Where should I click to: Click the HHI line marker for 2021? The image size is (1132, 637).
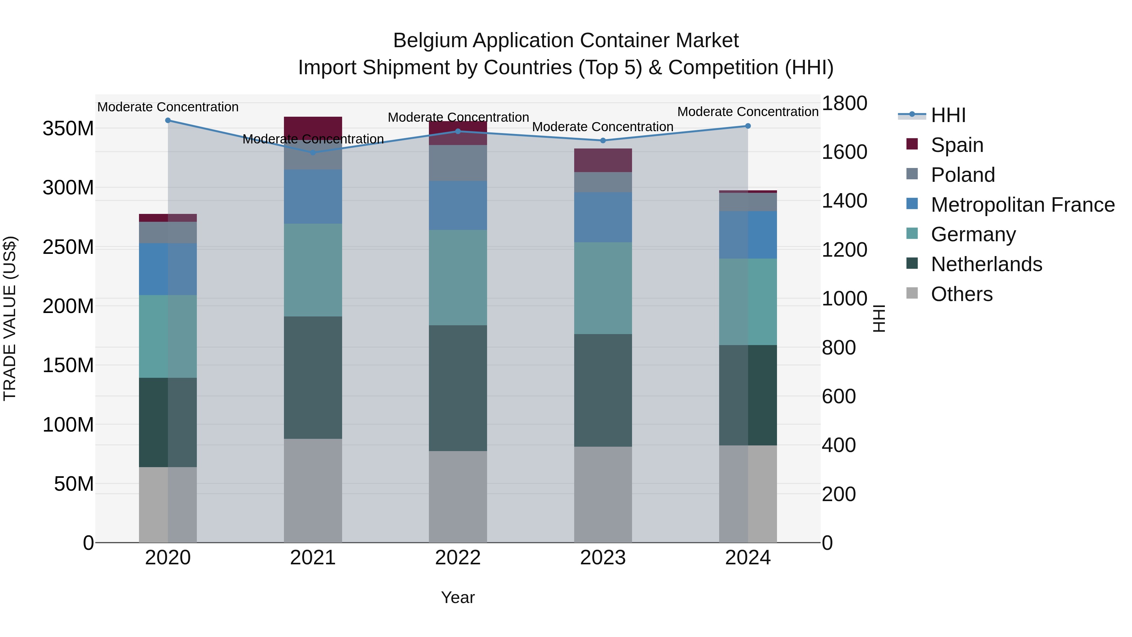(313, 153)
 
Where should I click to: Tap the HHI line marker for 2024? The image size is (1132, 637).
(748, 126)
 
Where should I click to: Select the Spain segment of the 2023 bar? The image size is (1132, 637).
(603, 160)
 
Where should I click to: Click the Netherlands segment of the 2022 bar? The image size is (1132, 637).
(458, 388)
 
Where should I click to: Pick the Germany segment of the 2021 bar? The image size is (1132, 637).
(313, 270)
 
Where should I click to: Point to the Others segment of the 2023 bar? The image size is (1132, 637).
(603, 495)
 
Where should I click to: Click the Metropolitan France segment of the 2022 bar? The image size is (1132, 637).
(458, 205)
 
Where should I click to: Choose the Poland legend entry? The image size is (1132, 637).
(963, 175)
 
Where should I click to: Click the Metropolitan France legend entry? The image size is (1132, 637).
(1022, 205)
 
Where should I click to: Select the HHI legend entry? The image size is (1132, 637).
(948, 115)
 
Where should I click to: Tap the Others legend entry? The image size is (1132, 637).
(962, 294)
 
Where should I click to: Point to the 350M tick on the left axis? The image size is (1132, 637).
(68, 129)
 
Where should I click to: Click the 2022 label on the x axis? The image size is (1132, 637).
(458, 558)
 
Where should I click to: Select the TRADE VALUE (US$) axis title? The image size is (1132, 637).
(10, 318)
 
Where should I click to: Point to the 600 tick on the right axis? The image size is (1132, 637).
(838, 397)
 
